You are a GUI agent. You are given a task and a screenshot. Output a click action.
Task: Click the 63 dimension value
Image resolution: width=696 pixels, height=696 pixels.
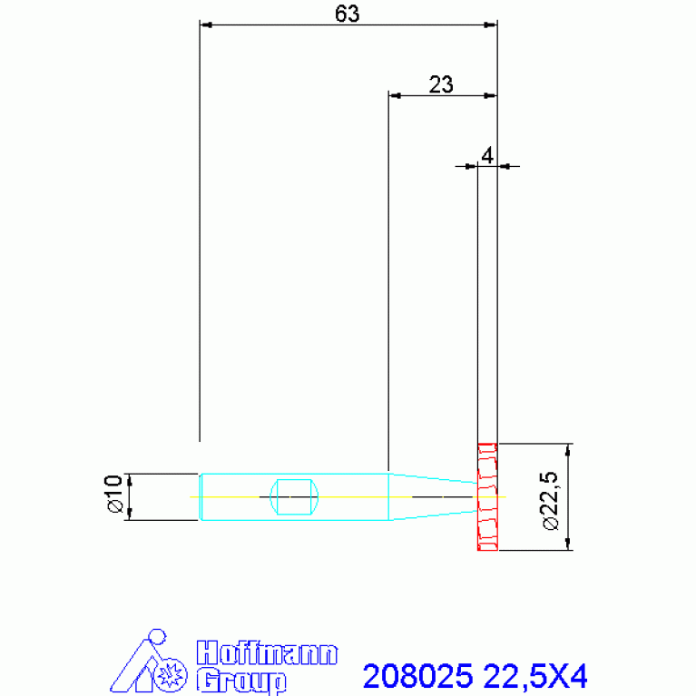pyautogui.click(x=348, y=14)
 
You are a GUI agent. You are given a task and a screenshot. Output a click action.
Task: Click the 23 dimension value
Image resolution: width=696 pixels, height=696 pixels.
pyautogui.click(x=441, y=84)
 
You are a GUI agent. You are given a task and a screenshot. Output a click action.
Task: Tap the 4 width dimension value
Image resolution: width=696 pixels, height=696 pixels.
pyautogui.click(x=487, y=156)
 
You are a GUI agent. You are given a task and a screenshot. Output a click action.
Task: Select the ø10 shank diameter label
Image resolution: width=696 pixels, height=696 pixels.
pyautogui.click(x=113, y=493)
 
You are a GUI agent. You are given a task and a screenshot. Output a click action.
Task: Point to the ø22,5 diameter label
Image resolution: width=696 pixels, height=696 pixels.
pyautogui.click(x=551, y=501)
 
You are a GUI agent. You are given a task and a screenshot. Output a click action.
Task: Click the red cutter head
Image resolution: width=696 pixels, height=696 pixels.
pyautogui.click(x=487, y=496)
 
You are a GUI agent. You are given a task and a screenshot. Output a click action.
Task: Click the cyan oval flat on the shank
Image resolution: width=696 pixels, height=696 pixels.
pyautogui.click(x=294, y=496)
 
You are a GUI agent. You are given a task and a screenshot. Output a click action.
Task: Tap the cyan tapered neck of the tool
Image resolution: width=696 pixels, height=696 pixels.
pyautogui.click(x=433, y=496)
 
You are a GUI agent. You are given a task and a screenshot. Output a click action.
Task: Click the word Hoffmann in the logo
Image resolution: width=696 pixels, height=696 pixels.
pyautogui.click(x=267, y=653)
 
